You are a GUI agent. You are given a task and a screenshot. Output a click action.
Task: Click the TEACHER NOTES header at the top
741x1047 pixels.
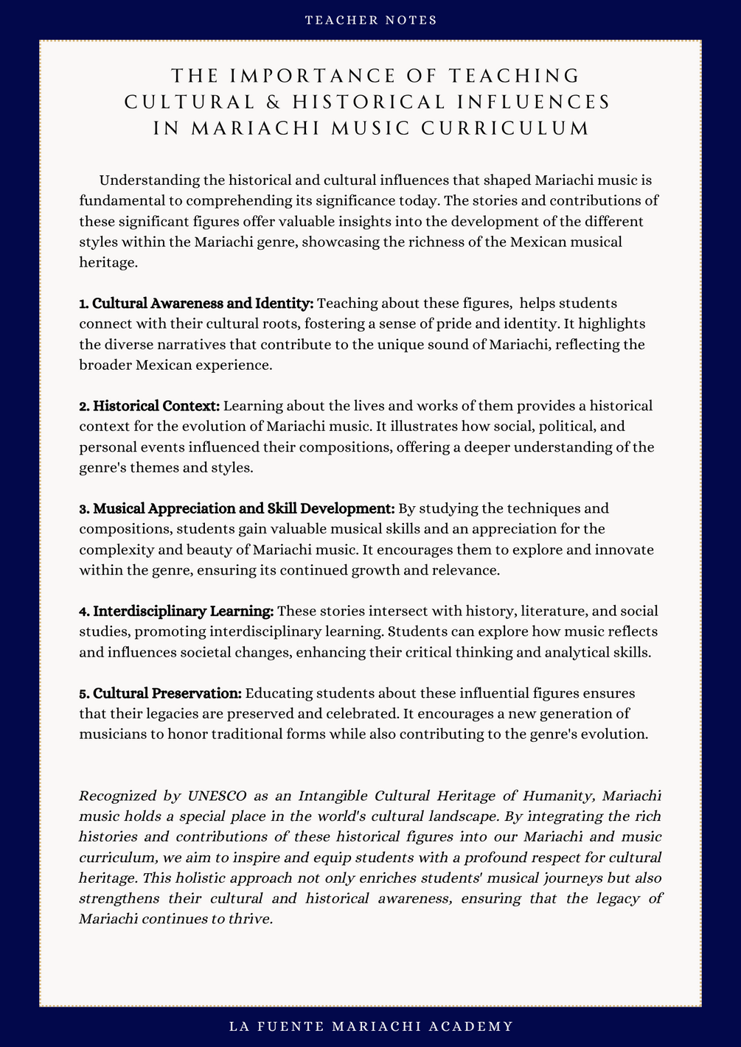(x=371, y=20)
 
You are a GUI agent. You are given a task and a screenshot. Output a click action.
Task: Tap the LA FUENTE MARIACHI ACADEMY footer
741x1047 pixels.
(x=371, y=1026)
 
